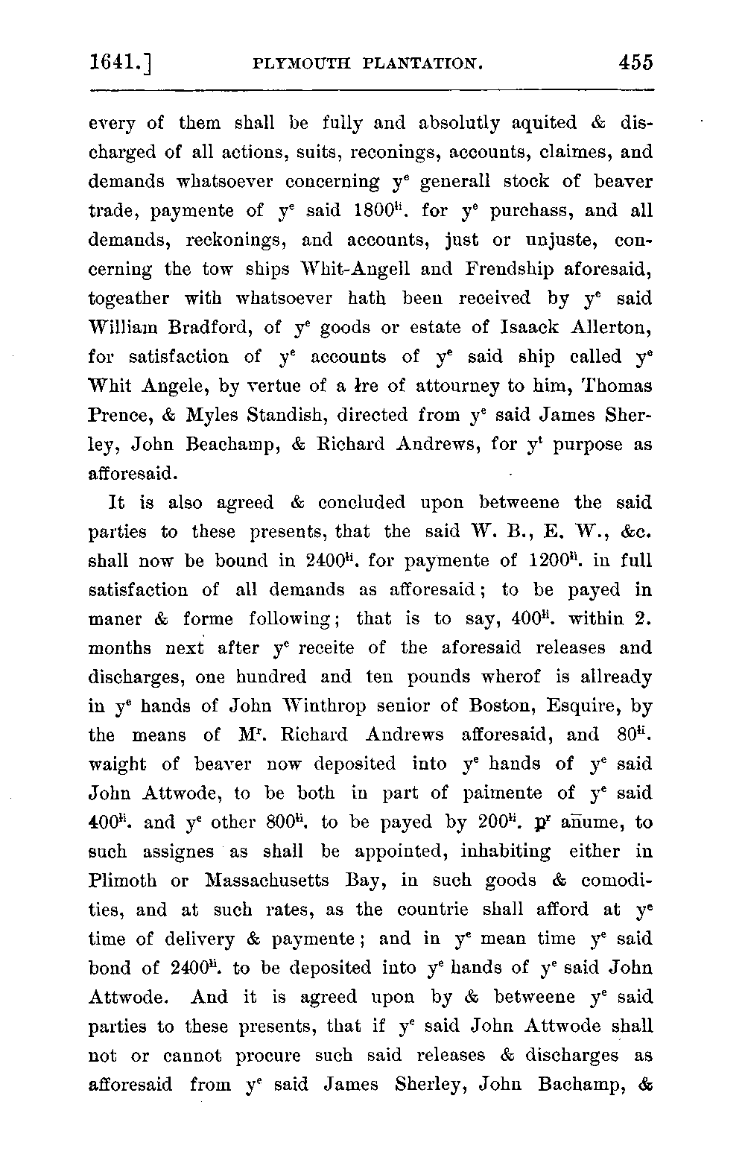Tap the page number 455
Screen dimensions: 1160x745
(x=635, y=62)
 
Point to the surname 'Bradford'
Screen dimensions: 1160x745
(x=196, y=327)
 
